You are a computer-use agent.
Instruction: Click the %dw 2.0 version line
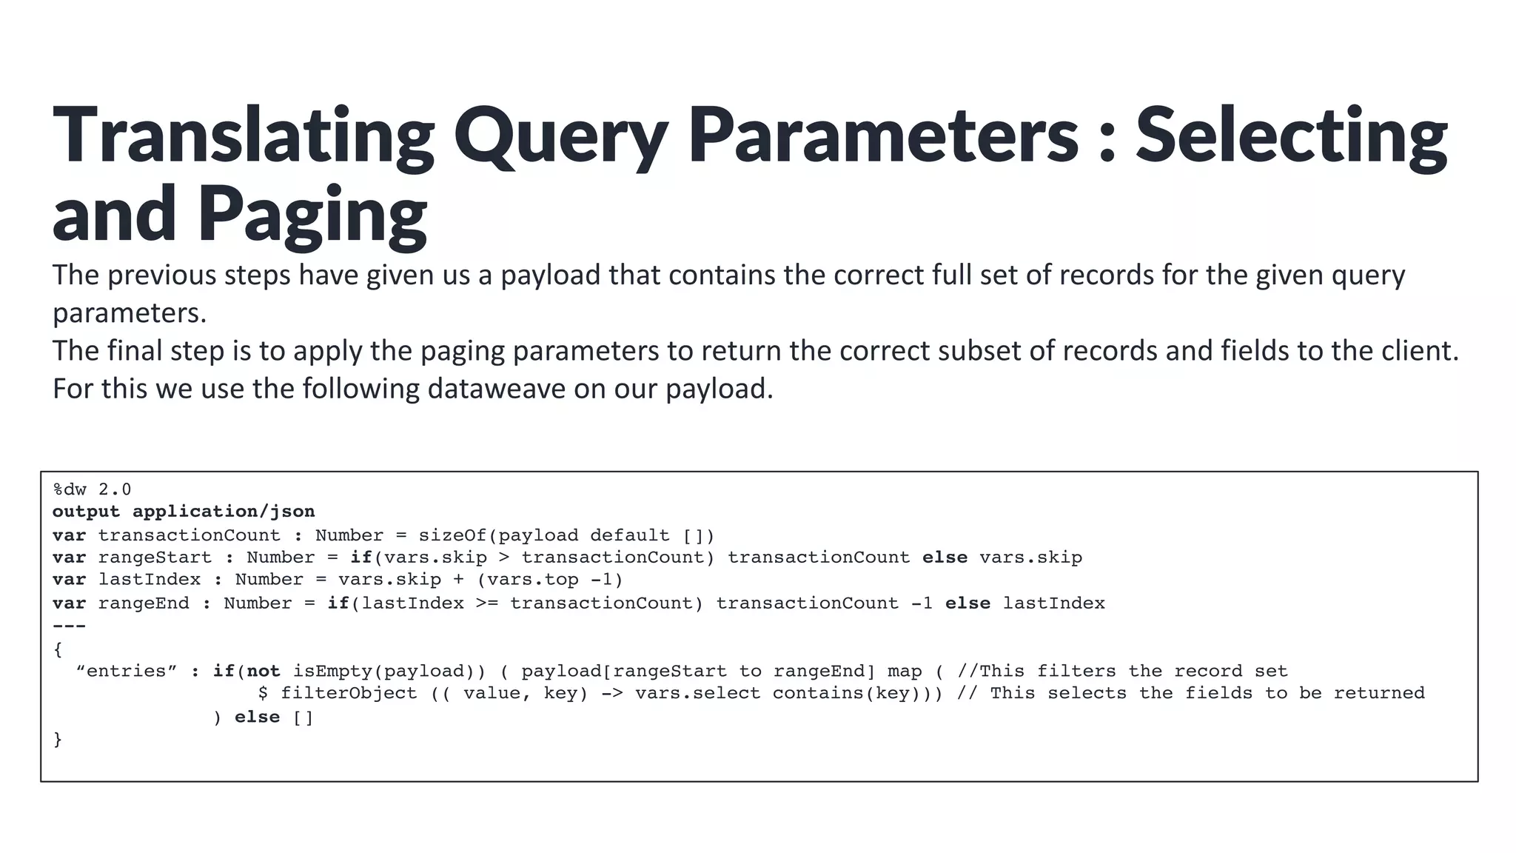92,489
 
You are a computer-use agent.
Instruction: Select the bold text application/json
224,512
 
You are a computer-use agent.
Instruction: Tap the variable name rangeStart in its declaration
155,558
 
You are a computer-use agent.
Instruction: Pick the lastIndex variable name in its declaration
150,580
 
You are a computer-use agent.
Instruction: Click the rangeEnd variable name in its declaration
144,603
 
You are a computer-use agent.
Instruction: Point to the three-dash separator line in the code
69,626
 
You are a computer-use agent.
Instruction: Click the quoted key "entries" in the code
127,672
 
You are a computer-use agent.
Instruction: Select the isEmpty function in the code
333,672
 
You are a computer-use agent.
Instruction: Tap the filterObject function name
349,694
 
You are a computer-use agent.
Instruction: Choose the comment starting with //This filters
1122,672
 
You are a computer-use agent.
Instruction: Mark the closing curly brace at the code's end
58,740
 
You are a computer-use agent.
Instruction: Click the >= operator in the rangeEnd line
486,603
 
